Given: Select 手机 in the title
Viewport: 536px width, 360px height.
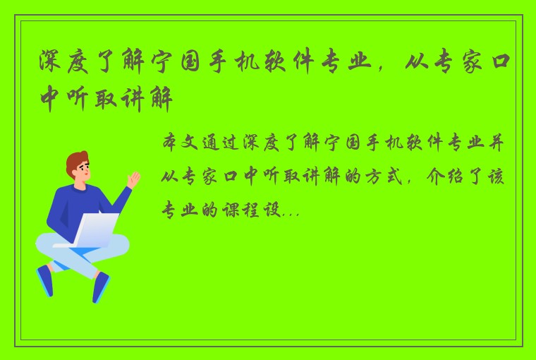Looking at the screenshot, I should pos(249,64).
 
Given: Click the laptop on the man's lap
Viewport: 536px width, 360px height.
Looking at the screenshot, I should pos(92,230).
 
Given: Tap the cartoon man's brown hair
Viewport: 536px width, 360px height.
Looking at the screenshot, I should pos(77,161).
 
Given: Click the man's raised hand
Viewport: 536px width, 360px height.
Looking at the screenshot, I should pos(133,179).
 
